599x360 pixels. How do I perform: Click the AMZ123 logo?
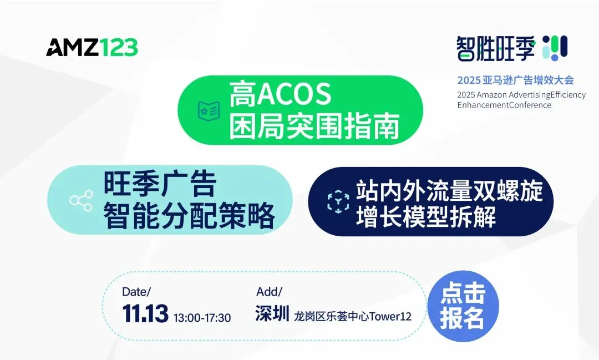[92, 47]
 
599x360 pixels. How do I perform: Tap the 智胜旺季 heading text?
[496, 48]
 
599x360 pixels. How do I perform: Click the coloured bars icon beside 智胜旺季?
[555, 48]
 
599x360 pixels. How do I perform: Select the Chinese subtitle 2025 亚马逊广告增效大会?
[516, 80]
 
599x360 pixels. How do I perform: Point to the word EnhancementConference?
[504, 105]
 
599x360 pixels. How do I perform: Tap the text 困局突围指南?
[314, 126]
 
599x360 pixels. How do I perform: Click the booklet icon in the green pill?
[209, 110]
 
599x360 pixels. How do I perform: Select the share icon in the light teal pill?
[81, 200]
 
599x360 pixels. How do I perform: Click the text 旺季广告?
[160, 184]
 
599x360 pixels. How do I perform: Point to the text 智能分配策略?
[189, 216]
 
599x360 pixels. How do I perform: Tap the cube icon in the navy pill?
[338, 201]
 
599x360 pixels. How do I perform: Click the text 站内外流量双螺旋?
[450, 191]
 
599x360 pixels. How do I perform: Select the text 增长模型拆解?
[426, 216]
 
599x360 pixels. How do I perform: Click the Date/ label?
[136, 292]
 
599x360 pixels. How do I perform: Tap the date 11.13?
[145, 314]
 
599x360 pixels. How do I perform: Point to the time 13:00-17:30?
[202, 318]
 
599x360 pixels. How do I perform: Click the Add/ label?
[270, 292]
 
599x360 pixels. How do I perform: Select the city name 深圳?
[272, 314]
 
